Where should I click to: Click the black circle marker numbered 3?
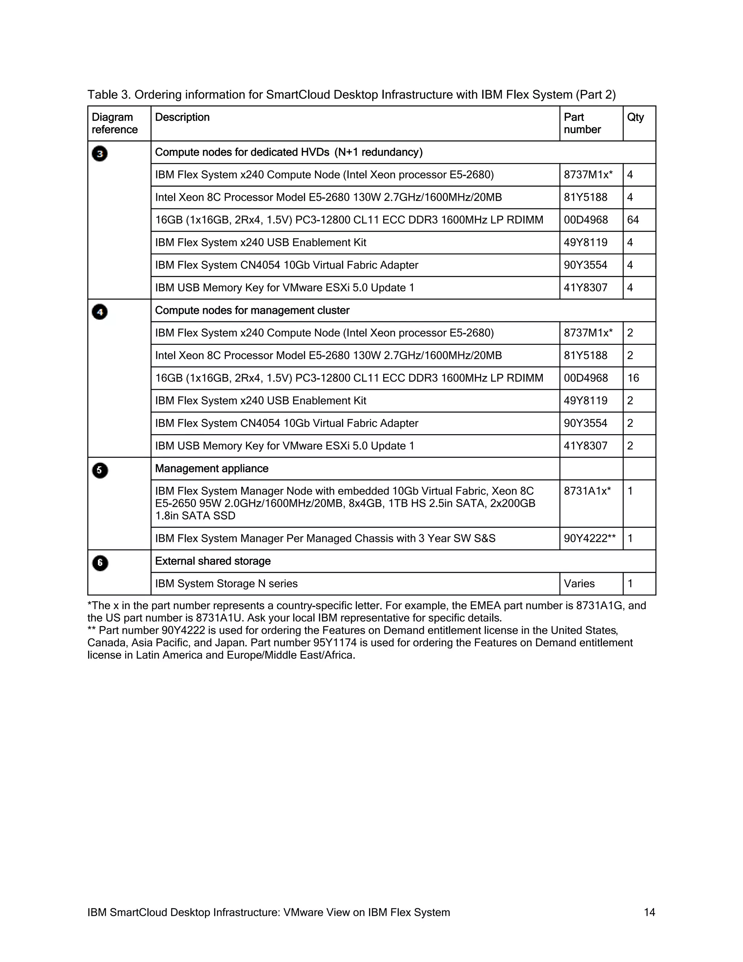pyautogui.click(x=99, y=154)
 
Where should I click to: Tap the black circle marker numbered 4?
pyautogui.click(x=99, y=312)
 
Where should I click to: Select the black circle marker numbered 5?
pyautogui.click(x=99, y=470)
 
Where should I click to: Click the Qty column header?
pyautogui.click(x=635, y=117)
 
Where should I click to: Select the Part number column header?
pyautogui.click(x=582, y=123)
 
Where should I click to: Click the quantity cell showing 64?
pyautogui.click(x=633, y=220)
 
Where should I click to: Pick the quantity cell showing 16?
pyautogui.click(x=633, y=378)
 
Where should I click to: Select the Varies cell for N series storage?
pyautogui.click(x=579, y=584)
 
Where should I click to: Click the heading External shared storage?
pyautogui.click(x=213, y=561)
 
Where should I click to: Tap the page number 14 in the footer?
pyautogui.click(x=649, y=912)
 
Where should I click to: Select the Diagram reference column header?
pyautogui.click(x=114, y=123)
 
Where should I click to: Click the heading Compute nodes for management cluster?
pyautogui.click(x=252, y=310)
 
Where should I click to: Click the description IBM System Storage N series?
pyautogui.click(x=226, y=584)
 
